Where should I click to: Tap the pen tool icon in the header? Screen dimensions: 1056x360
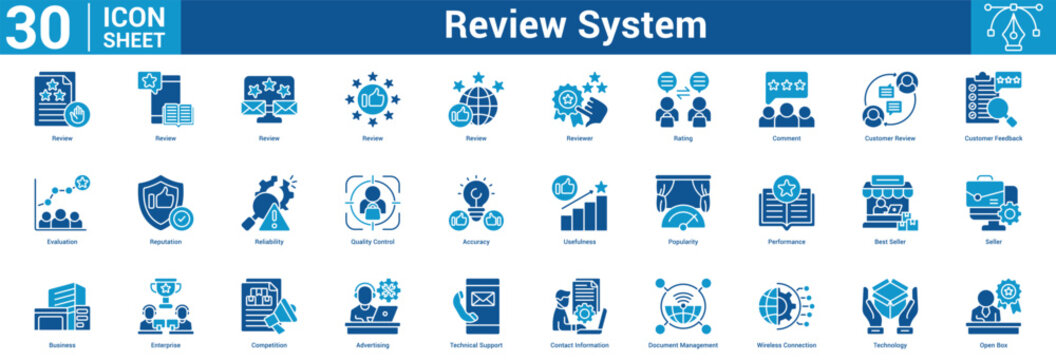coord(1013,27)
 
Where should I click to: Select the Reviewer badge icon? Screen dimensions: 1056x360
coord(579,99)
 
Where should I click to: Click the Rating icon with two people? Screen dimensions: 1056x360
coord(682,99)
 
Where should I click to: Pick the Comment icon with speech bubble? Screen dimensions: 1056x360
coord(786,99)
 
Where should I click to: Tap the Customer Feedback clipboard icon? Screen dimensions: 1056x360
coord(993,99)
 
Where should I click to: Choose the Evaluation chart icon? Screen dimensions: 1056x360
coord(62,203)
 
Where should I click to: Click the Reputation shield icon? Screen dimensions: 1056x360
coord(165,203)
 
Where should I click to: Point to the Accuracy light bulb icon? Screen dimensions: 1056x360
coord(476,203)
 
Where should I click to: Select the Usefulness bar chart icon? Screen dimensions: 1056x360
coord(579,203)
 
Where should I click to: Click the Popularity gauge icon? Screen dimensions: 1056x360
coord(682,203)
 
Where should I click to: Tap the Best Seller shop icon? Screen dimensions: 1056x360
coord(889,203)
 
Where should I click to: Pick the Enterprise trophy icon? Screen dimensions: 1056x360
coord(165,307)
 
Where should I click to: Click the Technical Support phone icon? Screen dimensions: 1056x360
coord(476,307)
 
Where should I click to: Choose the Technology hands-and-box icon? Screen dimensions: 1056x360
coord(889,307)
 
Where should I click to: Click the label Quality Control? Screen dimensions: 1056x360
coord(372,241)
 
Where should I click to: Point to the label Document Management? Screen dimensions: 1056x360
coord(682,345)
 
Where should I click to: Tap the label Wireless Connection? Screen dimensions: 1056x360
coord(786,345)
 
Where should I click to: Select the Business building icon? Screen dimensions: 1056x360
coord(62,307)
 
